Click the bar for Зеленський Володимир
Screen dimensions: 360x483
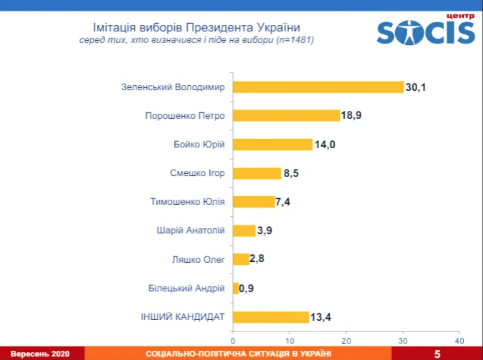pyautogui.click(x=318, y=87)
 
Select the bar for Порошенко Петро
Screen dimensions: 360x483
pyautogui.click(x=286, y=115)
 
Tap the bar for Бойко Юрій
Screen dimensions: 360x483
pyautogui.click(x=272, y=144)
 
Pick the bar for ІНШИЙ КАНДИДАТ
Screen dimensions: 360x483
pyautogui.click(x=271, y=317)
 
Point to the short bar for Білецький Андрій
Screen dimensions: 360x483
pyautogui.click(x=236, y=288)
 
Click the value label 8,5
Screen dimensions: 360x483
pyautogui.click(x=291, y=173)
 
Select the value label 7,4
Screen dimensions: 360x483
pyautogui.click(x=283, y=202)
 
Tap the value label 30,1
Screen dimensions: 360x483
pyautogui.click(x=415, y=87)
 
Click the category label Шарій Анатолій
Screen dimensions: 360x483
pyautogui.click(x=190, y=231)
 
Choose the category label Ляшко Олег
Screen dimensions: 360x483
pyautogui.click(x=198, y=260)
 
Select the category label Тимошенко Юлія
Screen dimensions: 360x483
pyautogui.click(x=187, y=202)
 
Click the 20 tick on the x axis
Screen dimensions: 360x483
pyautogui.click(x=346, y=341)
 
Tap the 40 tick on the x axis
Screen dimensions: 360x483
pyautogui.click(x=459, y=341)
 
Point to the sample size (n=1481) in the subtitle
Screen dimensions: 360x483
pyautogui.click(x=295, y=40)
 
